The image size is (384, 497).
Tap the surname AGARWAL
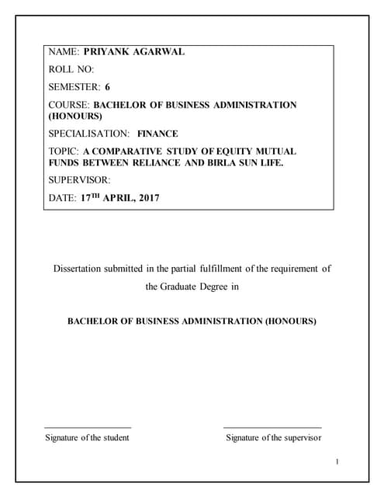[162, 53]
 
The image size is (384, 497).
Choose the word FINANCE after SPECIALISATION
[157, 133]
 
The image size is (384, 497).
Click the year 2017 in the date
[145, 198]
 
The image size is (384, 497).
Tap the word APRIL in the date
[116, 198]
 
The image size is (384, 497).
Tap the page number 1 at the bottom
[338, 463]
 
